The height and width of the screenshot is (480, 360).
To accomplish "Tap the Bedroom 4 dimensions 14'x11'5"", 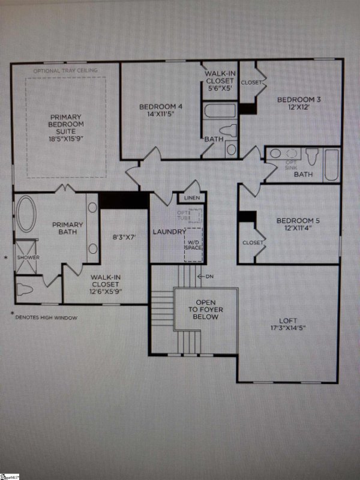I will point(160,116).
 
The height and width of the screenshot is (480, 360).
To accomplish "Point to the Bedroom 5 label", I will point(298,221).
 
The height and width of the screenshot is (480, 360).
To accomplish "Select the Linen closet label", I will point(192,198).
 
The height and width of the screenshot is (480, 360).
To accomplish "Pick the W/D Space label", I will point(193,244).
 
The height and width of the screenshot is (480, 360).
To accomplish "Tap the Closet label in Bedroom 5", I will point(253,242).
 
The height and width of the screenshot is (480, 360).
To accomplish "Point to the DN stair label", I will point(209,277).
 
